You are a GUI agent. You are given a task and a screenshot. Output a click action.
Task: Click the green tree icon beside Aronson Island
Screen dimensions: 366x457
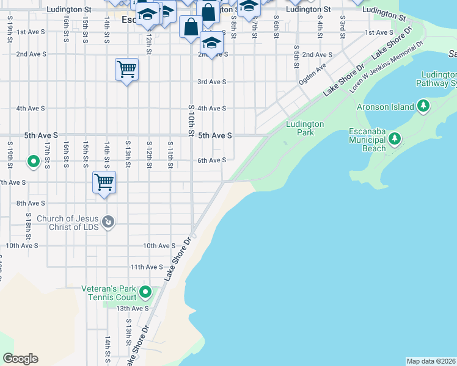coord(423,107)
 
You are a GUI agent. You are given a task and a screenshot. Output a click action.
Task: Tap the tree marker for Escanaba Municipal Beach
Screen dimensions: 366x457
coord(395,139)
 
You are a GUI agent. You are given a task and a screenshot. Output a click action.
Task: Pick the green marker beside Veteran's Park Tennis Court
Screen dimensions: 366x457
coord(145,293)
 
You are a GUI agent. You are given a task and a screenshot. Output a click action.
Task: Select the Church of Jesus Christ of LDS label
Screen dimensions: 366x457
coord(67,223)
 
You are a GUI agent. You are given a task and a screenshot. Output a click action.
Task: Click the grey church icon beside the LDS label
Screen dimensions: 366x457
coord(108,221)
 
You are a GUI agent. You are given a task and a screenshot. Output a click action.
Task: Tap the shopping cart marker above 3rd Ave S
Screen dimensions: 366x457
coord(126,70)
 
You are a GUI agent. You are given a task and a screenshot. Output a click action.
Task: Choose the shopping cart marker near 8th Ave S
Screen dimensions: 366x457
coord(104,182)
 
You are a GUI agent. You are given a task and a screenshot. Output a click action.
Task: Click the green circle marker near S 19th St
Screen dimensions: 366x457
coord(34,162)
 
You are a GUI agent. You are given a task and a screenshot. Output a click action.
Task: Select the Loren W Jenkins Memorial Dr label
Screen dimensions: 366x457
coord(386,68)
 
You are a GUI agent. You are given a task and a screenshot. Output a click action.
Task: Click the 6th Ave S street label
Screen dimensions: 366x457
coord(211,160)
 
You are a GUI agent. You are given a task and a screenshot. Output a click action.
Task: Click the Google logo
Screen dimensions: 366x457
coord(20,359)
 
